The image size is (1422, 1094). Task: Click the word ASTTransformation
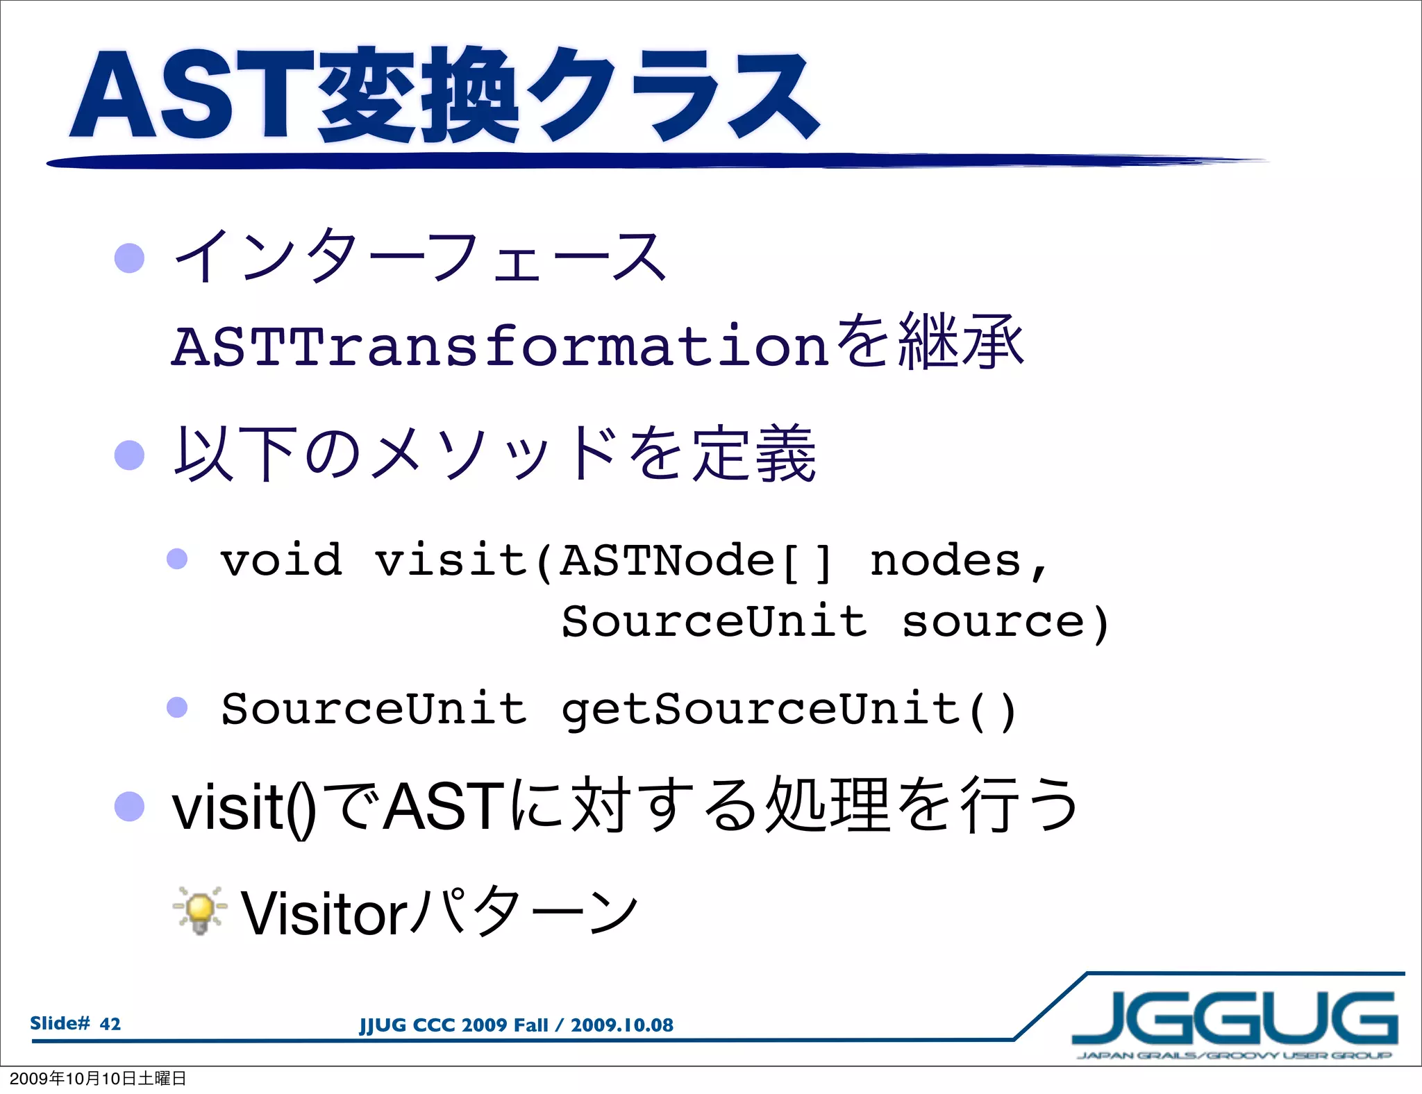click(500, 346)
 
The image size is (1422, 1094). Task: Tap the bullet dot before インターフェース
click(129, 258)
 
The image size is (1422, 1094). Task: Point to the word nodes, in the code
click(958, 561)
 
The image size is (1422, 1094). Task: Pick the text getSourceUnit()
click(789, 709)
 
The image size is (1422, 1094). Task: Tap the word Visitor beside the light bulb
click(324, 914)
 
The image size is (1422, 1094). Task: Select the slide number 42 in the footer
click(110, 1024)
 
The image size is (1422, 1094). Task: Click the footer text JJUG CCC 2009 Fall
click(453, 1025)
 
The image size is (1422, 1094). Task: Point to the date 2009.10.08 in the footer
click(622, 1025)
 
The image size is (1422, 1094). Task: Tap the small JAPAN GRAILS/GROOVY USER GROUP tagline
click(1234, 1056)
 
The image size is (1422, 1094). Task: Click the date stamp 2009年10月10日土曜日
click(98, 1078)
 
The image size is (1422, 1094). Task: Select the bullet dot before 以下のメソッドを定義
click(129, 455)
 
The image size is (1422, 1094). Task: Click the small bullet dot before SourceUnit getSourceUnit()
click(177, 707)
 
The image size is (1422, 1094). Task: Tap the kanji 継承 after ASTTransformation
click(961, 342)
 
